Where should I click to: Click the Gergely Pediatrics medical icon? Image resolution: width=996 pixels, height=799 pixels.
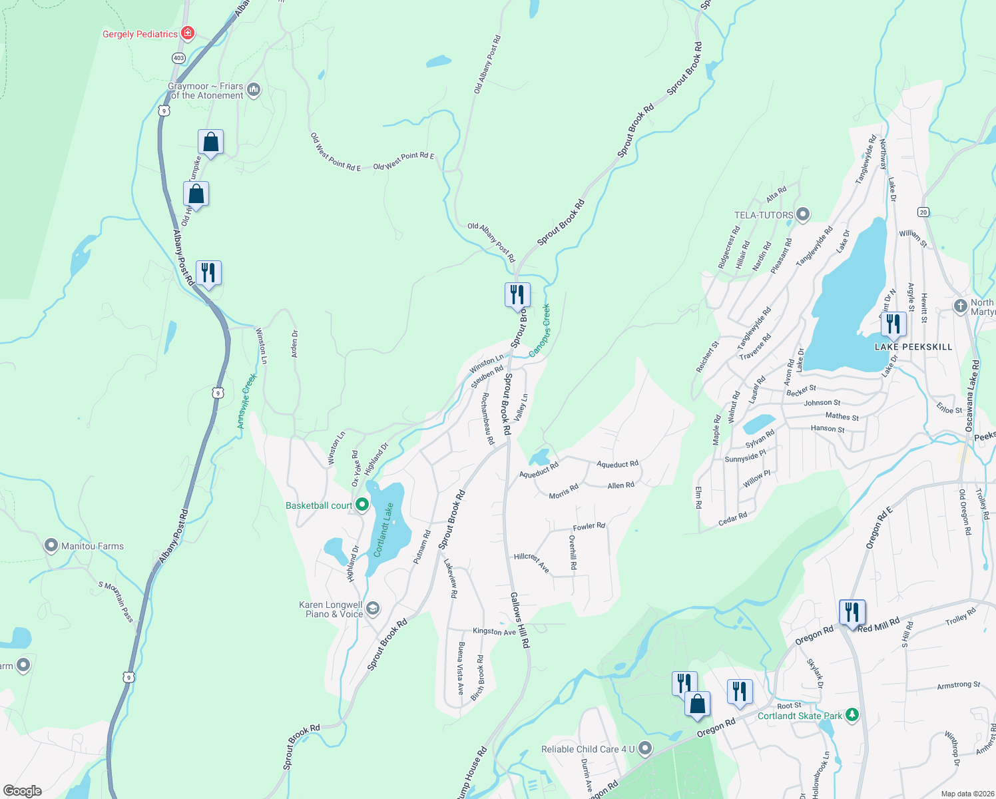[188, 33]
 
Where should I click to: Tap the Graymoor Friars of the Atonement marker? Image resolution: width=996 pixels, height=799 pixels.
[253, 89]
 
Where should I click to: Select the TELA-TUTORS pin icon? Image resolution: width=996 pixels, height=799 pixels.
[803, 214]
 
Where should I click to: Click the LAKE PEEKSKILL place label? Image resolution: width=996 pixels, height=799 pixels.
[913, 347]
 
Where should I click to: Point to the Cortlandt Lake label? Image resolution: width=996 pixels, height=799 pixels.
[383, 530]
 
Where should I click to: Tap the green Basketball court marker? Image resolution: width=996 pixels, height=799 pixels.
[362, 505]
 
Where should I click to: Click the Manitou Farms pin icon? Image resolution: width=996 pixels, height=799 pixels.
[51, 546]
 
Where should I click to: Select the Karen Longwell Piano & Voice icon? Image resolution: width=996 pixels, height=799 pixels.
[373, 608]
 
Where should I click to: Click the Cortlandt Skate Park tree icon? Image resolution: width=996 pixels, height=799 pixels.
[852, 715]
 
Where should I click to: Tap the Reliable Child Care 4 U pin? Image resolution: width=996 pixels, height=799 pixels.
[644, 748]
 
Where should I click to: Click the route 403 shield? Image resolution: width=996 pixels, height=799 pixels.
[178, 59]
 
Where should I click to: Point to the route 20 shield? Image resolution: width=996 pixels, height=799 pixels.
[923, 212]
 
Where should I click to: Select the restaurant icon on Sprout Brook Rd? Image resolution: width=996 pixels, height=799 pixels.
[517, 294]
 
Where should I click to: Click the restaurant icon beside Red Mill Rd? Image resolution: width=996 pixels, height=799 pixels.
[852, 611]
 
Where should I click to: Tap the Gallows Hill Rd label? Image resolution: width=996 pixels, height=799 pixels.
[520, 620]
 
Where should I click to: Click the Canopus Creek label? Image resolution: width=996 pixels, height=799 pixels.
[540, 330]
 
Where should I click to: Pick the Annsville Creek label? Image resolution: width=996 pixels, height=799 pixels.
[247, 401]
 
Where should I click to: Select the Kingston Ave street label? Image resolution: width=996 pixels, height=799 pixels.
[494, 631]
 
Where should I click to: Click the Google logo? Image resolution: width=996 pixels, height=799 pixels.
[22, 790]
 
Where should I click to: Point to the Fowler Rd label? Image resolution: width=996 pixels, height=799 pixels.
[589, 527]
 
